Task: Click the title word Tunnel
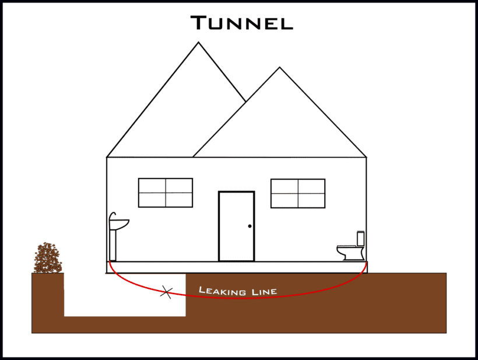click(241, 23)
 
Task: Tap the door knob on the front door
click(249, 226)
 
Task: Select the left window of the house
click(166, 193)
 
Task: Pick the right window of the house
click(298, 193)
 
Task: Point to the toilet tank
click(361, 238)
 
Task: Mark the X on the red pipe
click(167, 292)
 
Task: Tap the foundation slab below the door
click(237, 267)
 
